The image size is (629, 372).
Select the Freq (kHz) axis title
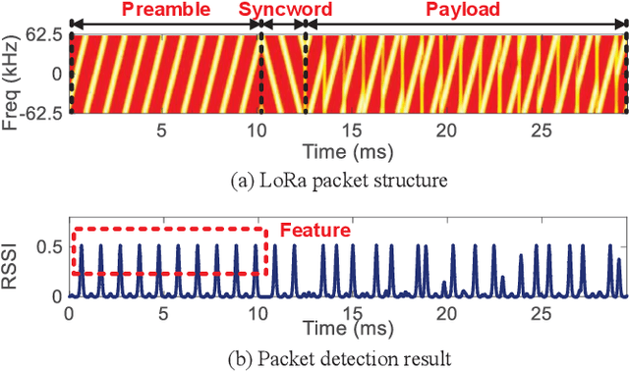14,75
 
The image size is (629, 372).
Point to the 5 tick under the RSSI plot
163,314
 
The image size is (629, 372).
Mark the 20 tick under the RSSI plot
447,314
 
